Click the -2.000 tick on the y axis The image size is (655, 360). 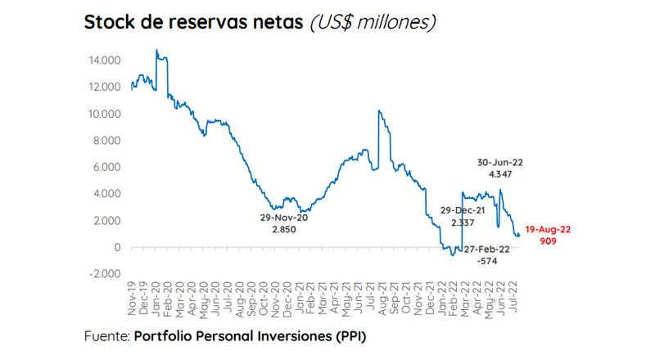(x=103, y=274)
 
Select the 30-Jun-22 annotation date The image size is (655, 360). (x=499, y=162)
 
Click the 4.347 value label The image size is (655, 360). (x=499, y=175)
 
